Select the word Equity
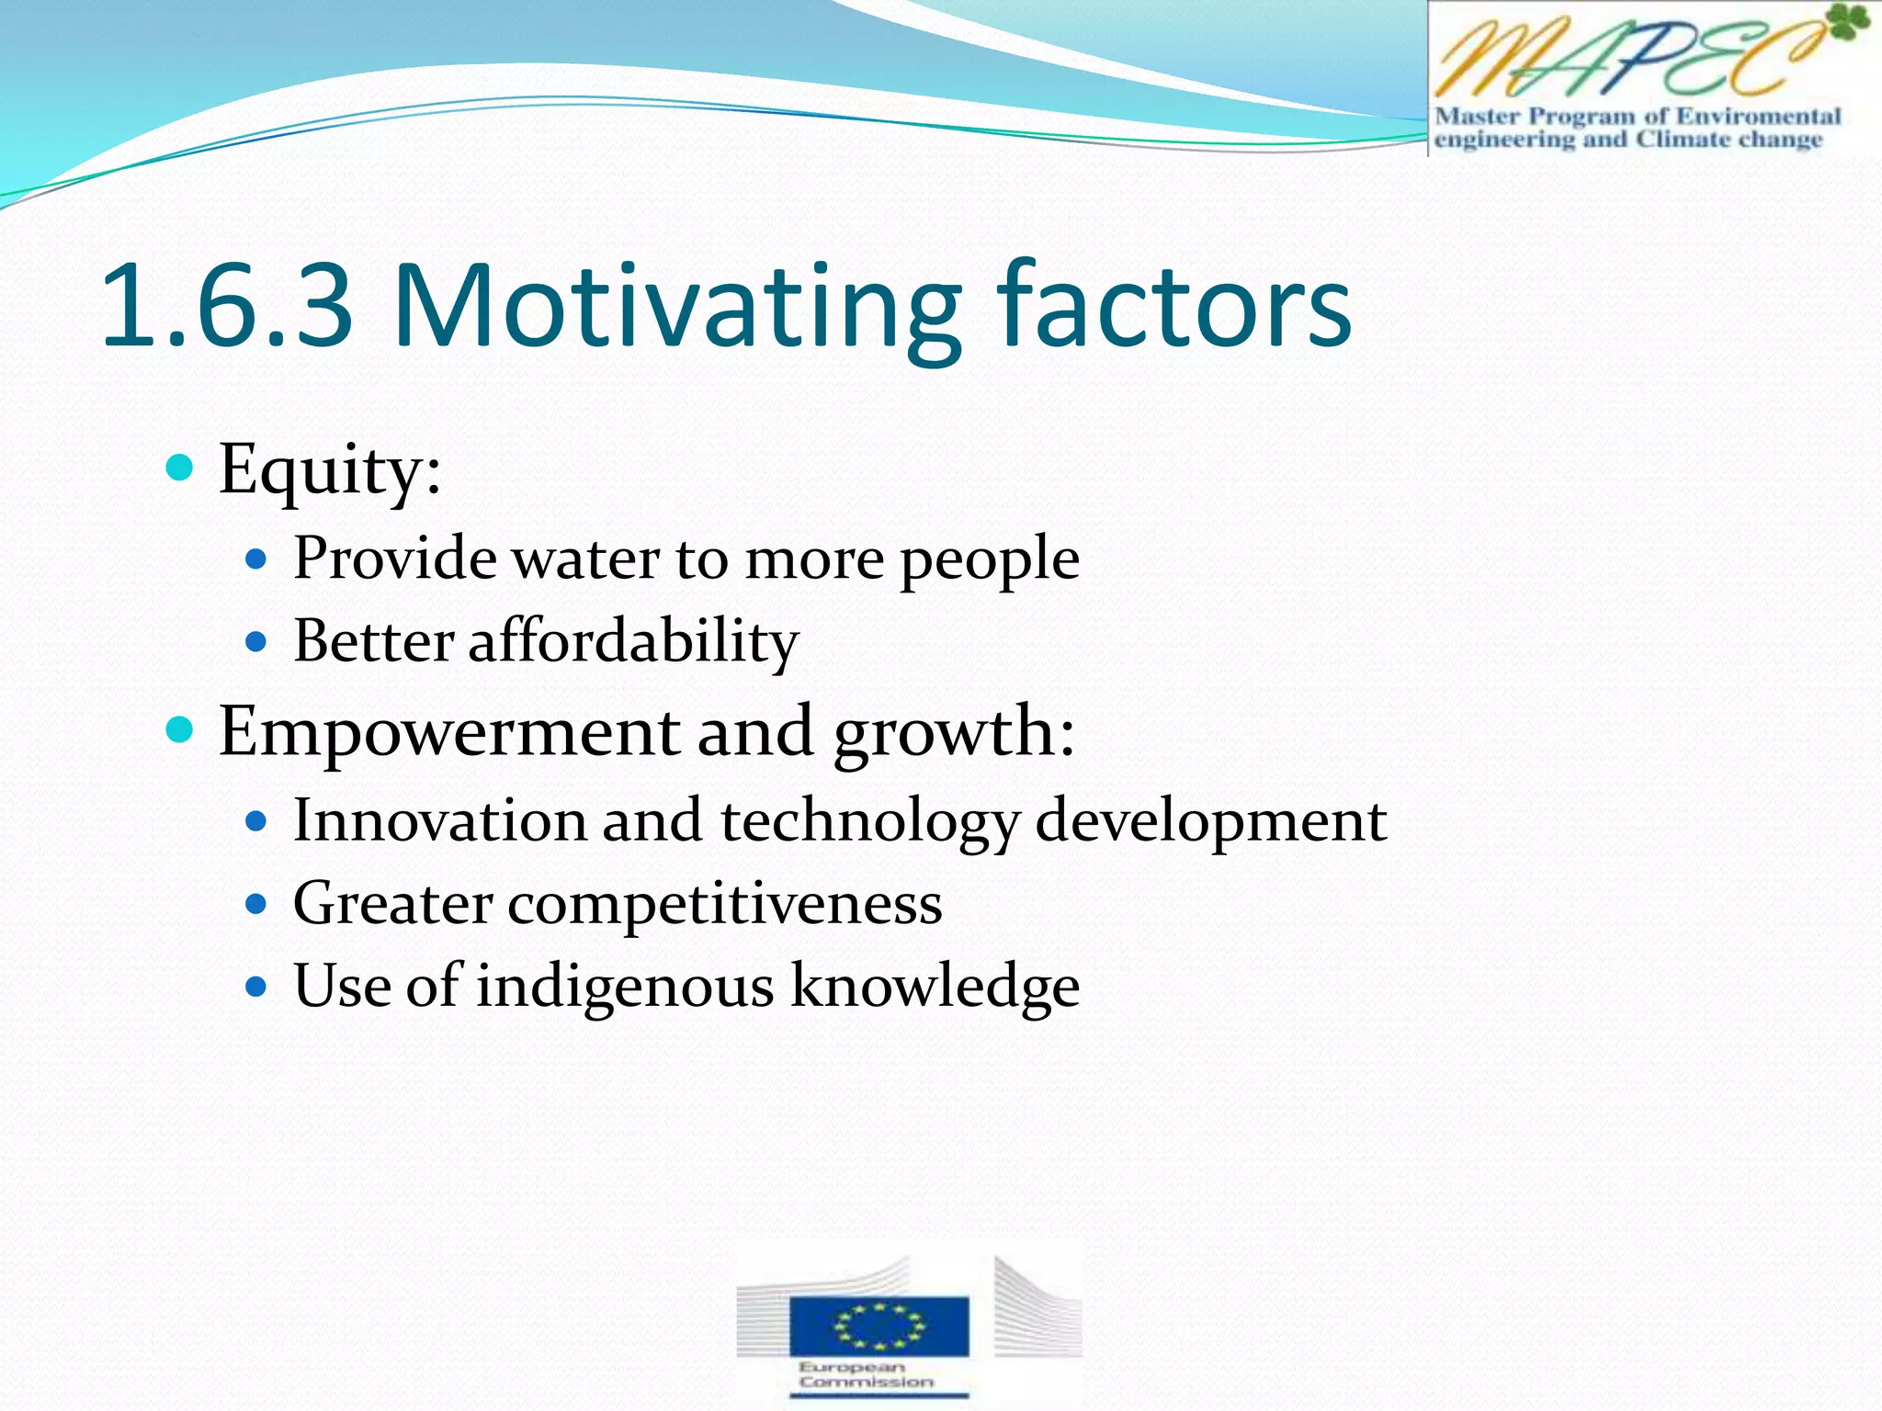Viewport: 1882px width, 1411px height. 329,470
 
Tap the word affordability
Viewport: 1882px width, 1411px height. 633,641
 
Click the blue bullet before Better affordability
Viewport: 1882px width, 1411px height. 256,641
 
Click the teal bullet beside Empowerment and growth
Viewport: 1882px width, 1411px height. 180,730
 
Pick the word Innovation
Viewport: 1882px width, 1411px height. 439,820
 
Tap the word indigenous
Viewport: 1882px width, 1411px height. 625,988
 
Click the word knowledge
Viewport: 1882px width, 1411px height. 935,988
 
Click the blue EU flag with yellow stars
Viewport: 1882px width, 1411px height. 879,1326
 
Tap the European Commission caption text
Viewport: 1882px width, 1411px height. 866,1374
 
